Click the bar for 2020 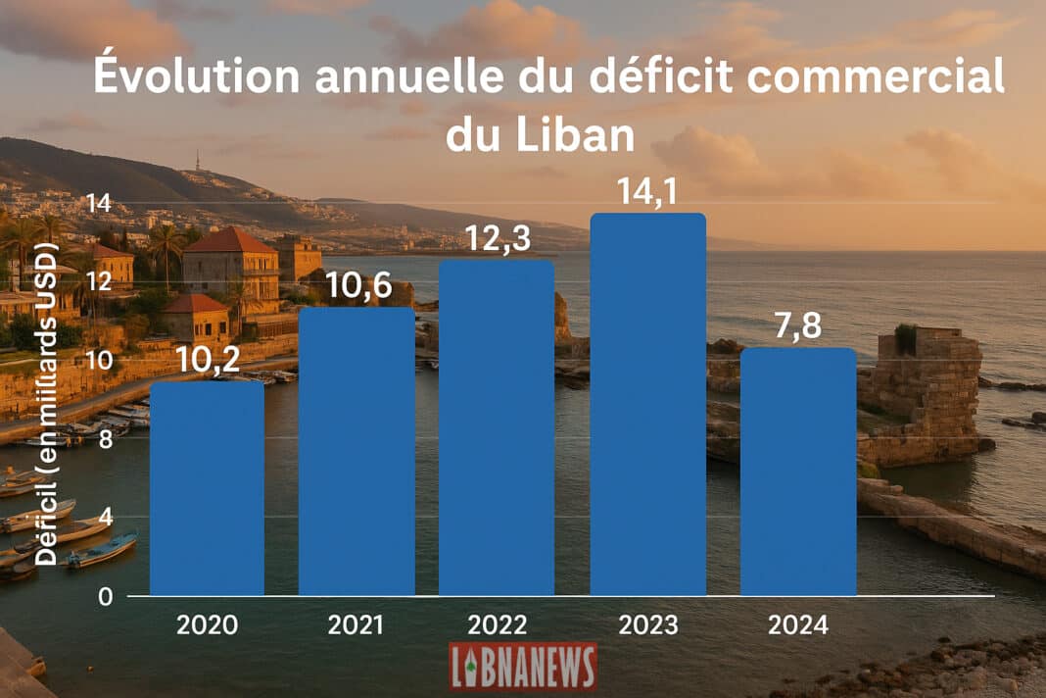[207, 488]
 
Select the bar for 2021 [357, 451]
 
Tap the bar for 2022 [497, 427]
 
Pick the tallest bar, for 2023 [648, 404]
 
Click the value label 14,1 [648, 191]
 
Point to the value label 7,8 [799, 327]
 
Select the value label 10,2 [208, 361]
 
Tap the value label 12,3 [497, 238]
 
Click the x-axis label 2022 [497, 624]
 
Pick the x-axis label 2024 [798, 624]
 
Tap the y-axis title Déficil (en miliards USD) [47, 402]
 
